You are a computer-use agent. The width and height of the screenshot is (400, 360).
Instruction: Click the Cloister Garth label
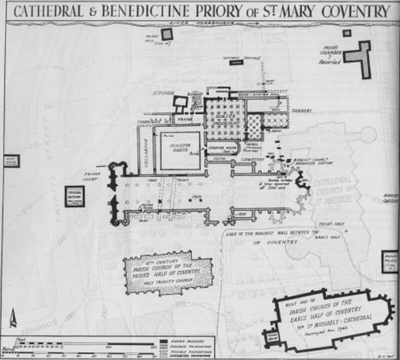point(178,143)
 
